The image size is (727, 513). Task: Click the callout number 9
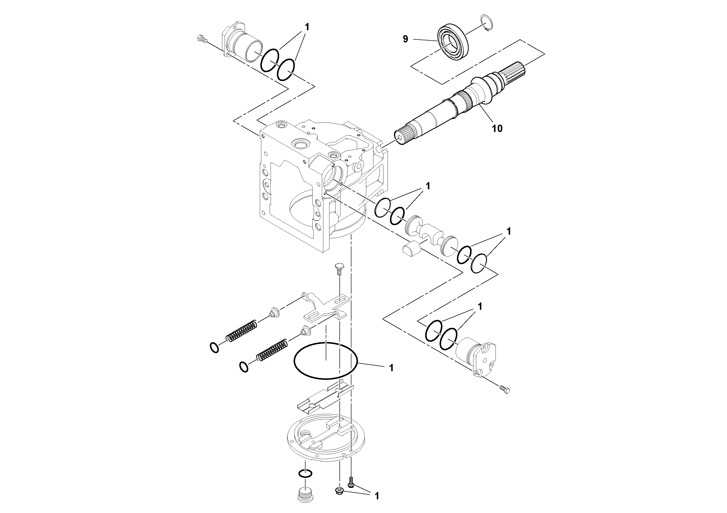tap(405, 39)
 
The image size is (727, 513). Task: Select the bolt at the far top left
tap(201, 40)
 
